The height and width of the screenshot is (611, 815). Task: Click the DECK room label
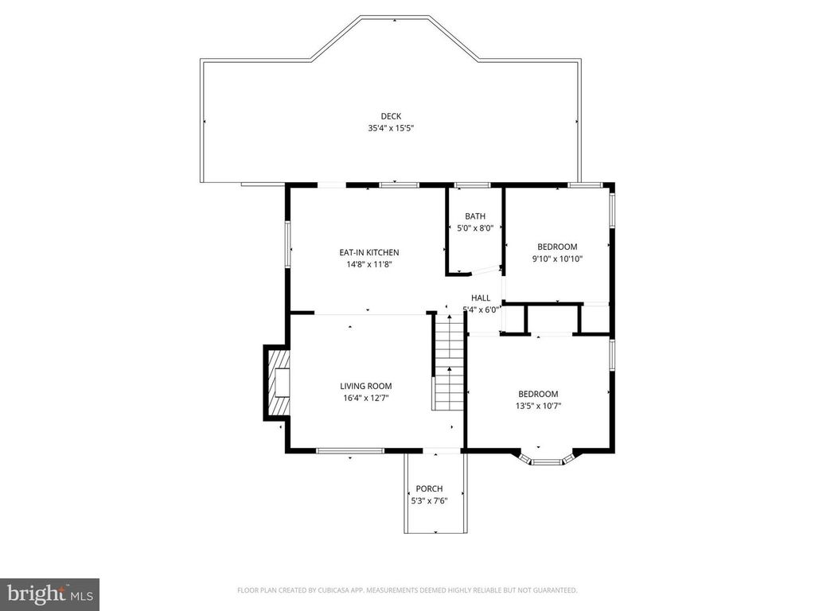(390, 116)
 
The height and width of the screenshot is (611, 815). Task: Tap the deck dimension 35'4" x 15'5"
(390, 127)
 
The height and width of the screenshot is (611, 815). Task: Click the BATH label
(475, 216)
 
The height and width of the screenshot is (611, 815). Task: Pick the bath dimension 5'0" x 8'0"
(475, 228)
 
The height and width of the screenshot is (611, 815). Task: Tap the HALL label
(481, 298)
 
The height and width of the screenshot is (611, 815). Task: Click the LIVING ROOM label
(366, 386)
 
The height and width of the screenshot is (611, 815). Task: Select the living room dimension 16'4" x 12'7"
(366, 398)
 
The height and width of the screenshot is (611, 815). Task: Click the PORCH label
(429, 488)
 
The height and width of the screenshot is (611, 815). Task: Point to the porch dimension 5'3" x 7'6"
(429, 500)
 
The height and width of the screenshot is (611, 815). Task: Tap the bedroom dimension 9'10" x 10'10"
(557, 258)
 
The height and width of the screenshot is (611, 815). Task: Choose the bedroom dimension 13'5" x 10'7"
(538, 406)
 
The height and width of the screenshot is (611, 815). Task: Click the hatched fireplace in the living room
(278, 383)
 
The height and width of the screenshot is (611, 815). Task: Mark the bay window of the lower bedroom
(546, 460)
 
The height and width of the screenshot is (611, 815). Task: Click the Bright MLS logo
(49, 593)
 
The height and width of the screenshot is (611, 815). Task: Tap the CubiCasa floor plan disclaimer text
(407, 590)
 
